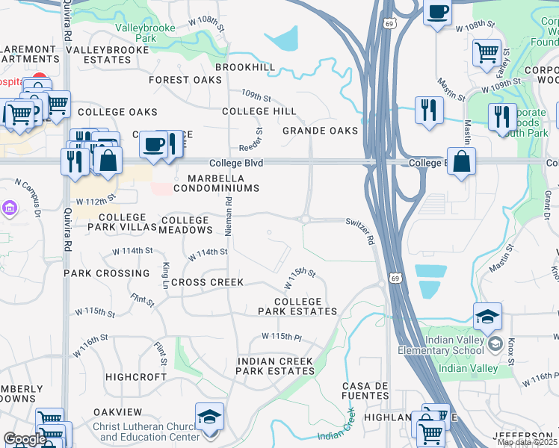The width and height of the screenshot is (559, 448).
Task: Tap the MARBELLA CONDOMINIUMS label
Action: (217, 183)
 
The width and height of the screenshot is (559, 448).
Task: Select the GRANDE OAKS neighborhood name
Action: (320, 131)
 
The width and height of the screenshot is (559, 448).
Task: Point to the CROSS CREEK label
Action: (208, 282)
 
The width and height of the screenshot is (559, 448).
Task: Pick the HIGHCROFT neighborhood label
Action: (136, 377)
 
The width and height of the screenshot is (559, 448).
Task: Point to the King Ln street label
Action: (165, 276)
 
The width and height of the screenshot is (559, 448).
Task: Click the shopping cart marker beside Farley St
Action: (487, 52)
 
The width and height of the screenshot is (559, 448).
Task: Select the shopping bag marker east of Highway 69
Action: (462, 161)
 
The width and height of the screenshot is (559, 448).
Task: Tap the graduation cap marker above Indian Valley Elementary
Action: (487, 317)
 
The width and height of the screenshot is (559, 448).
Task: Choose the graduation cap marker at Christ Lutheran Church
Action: (209, 416)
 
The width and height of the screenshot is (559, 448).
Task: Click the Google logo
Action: (24, 439)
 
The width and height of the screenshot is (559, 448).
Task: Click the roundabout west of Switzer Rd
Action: (305, 219)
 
